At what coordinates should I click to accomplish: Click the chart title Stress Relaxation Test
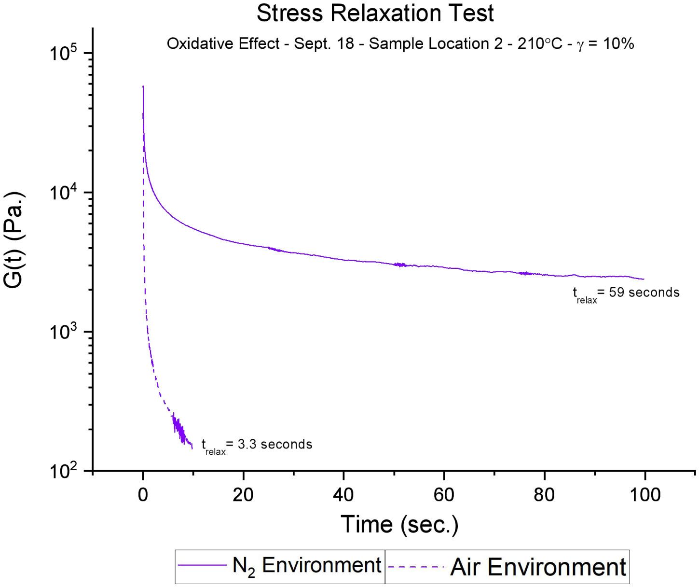(375, 13)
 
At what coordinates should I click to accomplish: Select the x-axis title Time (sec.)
(399, 524)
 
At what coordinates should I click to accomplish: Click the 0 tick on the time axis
(143, 495)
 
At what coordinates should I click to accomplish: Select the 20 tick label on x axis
(243, 495)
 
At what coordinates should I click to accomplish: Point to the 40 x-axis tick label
(343, 495)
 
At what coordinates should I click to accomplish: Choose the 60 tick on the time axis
(444, 495)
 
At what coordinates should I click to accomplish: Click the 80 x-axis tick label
(544, 495)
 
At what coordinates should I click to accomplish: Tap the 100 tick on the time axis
(645, 495)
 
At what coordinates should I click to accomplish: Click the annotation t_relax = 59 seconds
(626, 293)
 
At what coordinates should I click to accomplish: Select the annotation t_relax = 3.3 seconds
(257, 445)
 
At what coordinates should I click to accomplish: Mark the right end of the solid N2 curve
(643, 279)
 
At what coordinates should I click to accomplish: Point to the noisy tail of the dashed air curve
(181, 431)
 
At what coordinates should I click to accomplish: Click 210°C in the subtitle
(540, 44)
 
